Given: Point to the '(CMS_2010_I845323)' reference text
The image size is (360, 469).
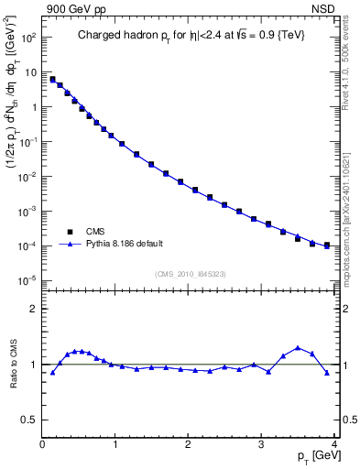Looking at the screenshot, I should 191,274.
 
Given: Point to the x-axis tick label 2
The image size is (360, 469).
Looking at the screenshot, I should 189,443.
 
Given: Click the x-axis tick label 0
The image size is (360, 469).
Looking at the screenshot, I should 42,443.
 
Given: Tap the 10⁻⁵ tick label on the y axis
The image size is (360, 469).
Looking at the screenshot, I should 28,280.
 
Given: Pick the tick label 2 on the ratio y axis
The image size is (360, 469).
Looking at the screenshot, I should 33,310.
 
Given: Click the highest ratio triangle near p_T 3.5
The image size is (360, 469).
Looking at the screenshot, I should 298,348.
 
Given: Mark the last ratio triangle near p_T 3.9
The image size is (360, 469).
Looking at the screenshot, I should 327,373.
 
